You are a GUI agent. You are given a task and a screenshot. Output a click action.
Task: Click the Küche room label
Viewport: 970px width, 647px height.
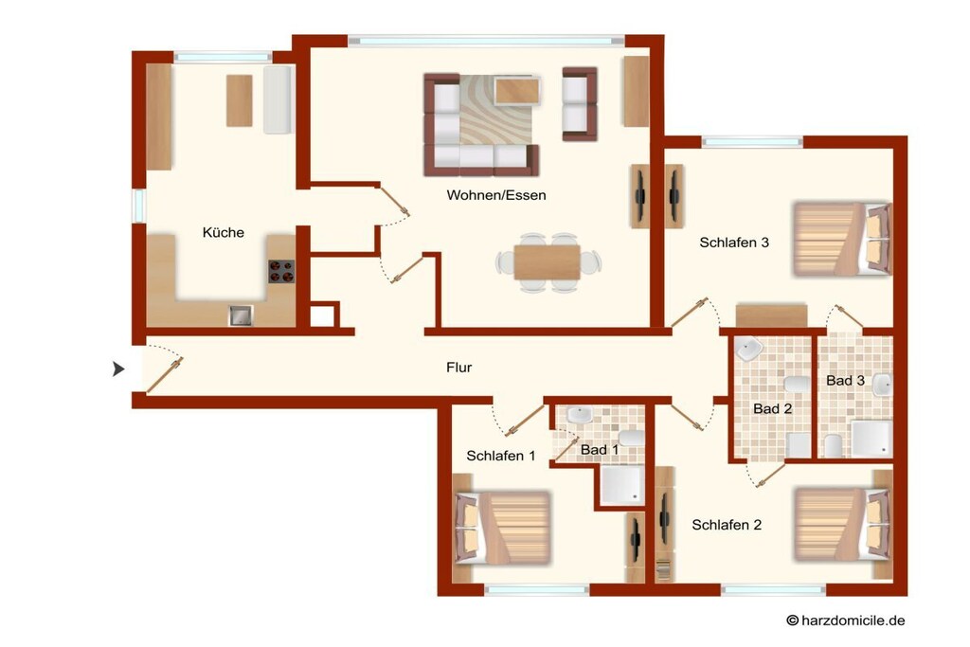(224, 233)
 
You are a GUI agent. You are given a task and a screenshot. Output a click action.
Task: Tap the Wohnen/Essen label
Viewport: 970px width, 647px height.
(496, 195)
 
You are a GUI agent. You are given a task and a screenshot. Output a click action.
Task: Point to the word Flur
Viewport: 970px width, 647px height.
(459, 368)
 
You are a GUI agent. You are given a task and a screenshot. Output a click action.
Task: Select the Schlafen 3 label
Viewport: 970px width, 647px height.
(734, 243)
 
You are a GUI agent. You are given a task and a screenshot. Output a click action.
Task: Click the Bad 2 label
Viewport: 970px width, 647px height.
(773, 409)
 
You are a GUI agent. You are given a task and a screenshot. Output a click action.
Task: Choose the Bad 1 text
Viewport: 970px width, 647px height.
(600, 450)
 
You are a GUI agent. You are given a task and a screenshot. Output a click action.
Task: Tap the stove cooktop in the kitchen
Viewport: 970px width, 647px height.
(280, 272)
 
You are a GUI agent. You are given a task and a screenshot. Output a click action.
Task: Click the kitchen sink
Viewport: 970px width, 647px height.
(241, 315)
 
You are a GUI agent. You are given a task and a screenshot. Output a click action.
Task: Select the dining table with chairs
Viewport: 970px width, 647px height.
(548, 262)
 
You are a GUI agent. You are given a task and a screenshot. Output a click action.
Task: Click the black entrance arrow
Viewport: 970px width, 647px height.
(117, 369)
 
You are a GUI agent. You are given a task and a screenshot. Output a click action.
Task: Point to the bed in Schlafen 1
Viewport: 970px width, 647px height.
(502, 528)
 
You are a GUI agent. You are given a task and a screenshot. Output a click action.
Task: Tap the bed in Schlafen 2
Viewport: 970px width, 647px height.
(842, 525)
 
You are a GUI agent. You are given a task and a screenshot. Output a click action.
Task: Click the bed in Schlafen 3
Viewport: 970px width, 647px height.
(842, 239)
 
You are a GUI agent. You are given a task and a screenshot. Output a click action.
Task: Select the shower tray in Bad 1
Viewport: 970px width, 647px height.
(621, 486)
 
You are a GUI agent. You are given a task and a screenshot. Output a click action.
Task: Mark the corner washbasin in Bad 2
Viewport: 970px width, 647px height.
(748, 349)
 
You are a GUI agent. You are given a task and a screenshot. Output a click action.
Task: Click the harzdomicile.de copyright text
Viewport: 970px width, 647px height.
(846, 620)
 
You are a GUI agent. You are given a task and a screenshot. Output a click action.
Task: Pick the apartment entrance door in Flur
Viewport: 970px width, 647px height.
(164, 375)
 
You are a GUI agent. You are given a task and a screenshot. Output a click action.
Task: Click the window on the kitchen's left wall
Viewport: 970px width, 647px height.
(138, 206)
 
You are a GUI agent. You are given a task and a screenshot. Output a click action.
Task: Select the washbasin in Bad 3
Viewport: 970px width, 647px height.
(883, 386)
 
